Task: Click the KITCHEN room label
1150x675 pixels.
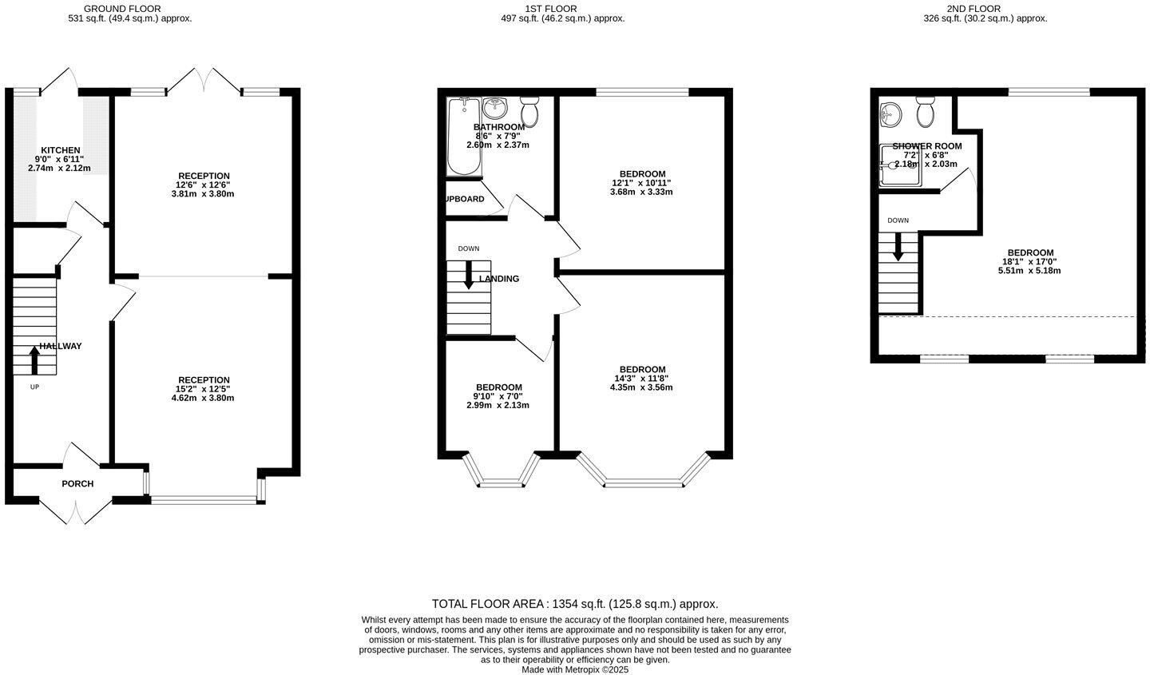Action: (x=61, y=150)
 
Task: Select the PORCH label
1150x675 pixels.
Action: (x=77, y=483)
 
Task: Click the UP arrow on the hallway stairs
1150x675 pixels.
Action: (x=34, y=360)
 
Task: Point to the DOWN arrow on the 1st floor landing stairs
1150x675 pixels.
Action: (x=469, y=274)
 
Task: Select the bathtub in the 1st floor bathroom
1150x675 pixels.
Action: (x=464, y=136)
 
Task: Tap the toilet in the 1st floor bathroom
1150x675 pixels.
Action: (x=529, y=111)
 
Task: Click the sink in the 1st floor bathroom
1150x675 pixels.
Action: (x=495, y=106)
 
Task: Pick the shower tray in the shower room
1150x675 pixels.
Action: (x=900, y=165)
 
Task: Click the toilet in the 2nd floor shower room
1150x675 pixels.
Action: (x=926, y=113)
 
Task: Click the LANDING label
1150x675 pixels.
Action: (x=499, y=279)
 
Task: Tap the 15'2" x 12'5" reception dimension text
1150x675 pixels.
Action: (x=204, y=389)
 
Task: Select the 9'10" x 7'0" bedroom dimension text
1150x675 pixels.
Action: (x=498, y=396)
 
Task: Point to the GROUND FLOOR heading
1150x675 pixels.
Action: (x=122, y=9)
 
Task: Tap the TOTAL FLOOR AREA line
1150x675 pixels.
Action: (x=574, y=604)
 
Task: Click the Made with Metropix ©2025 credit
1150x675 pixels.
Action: (x=575, y=669)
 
